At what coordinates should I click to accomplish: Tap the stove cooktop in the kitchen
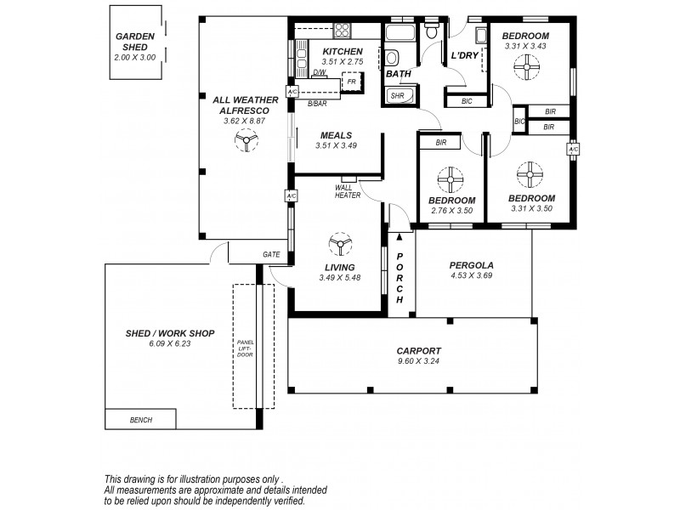[x=342, y=31]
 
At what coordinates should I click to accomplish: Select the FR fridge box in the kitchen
[x=351, y=82]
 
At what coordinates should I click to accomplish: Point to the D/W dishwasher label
[x=320, y=73]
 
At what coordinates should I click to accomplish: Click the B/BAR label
[x=317, y=103]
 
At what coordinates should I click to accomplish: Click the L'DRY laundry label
[x=465, y=55]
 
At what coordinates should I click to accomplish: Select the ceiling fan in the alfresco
[x=245, y=144]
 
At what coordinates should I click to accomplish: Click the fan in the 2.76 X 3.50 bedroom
[x=450, y=179]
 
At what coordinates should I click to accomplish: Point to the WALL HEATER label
[x=347, y=191]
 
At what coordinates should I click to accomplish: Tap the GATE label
[x=271, y=254]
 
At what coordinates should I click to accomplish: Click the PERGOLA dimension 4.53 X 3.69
[x=471, y=275]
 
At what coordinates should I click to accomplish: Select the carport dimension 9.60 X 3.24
[x=418, y=361]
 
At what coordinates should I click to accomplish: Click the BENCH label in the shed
[x=141, y=420]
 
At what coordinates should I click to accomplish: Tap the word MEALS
[x=336, y=135]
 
